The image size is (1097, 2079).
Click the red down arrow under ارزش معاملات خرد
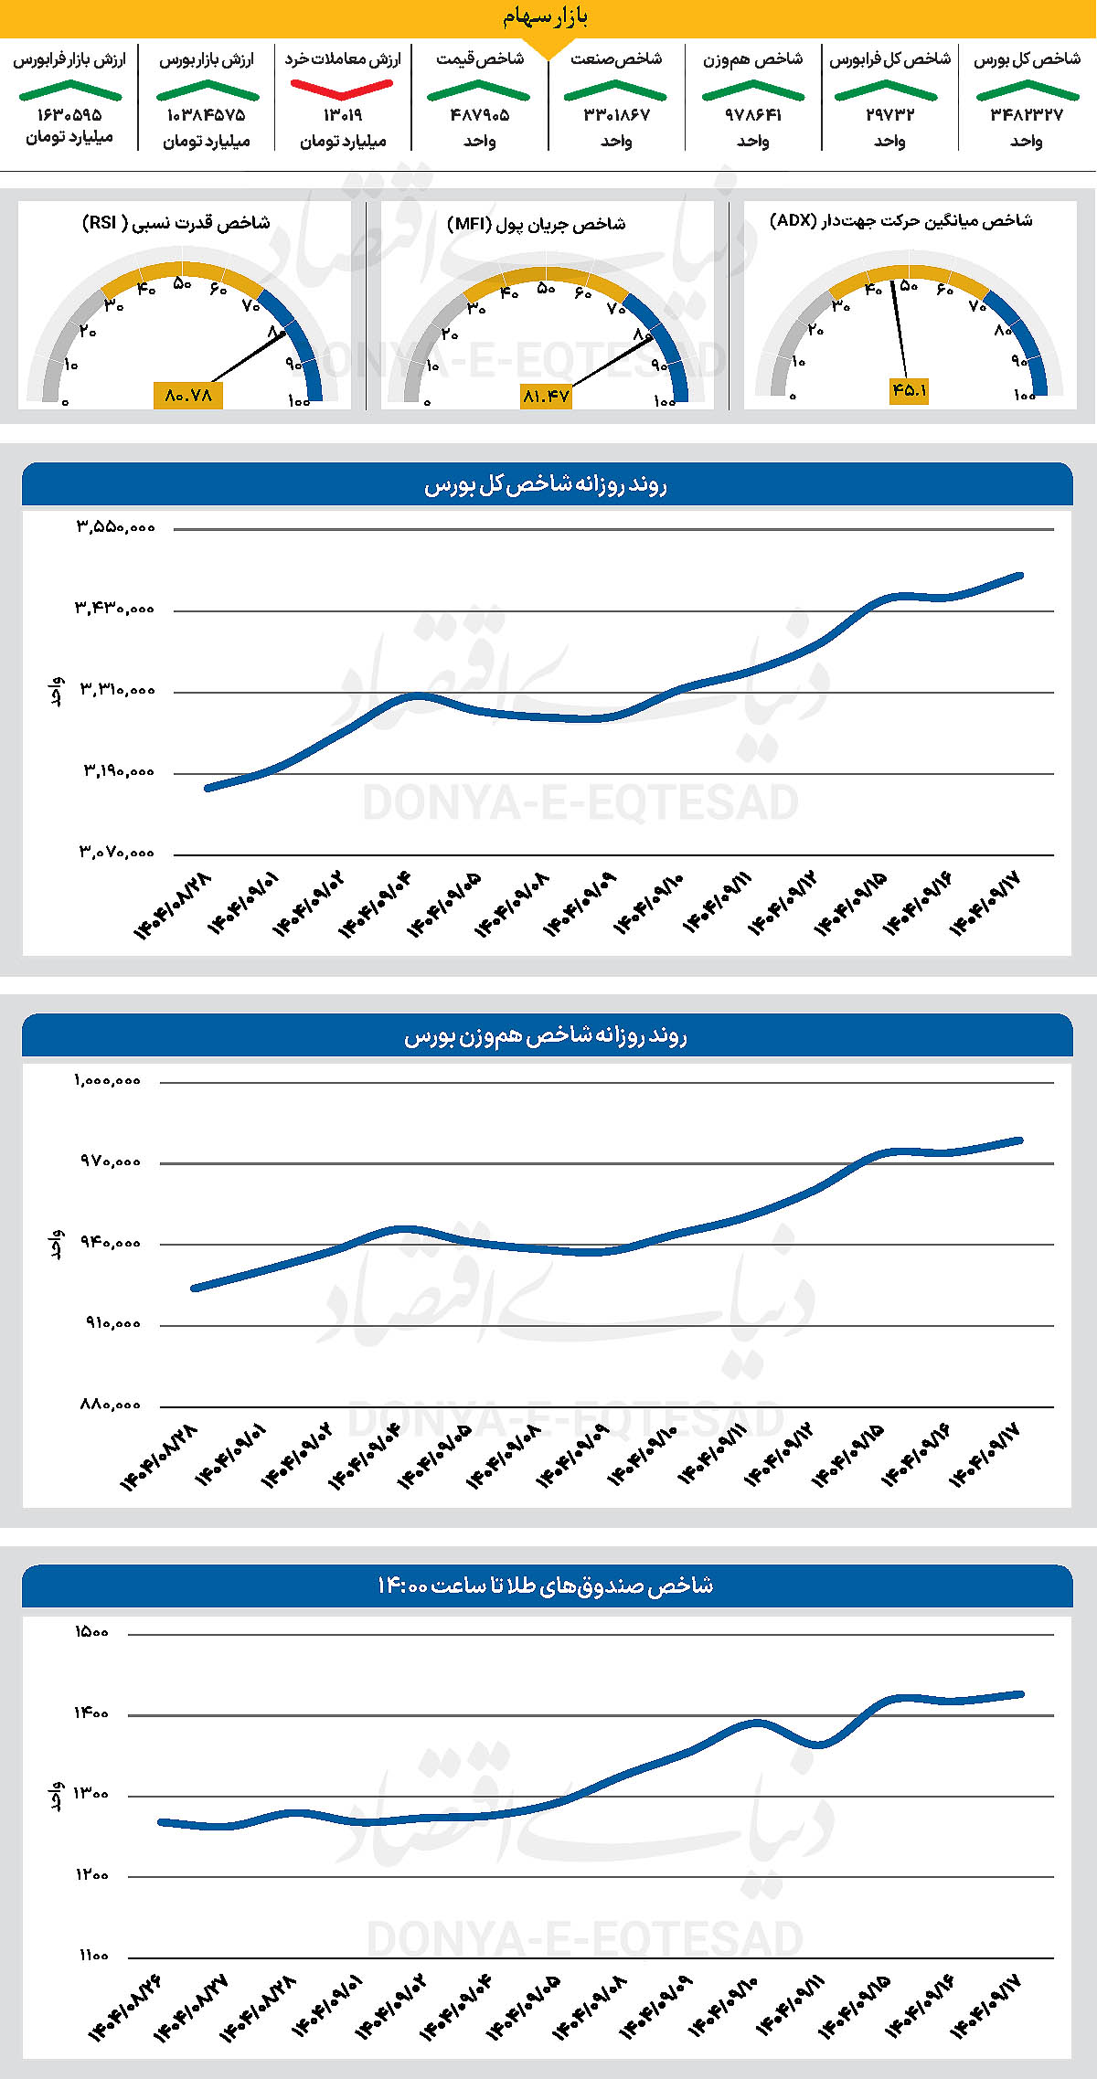(x=342, y=89)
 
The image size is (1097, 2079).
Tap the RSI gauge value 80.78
(x=188, y=396)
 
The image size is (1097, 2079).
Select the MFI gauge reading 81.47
(x=546, y=396)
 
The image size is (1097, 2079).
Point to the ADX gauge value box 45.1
(x=909, y=390)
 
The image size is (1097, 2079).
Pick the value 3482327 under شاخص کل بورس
(x=1026, y=115)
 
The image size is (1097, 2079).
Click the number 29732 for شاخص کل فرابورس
(x=889, y=115)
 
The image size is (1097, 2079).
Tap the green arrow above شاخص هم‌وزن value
(x=752, y=90)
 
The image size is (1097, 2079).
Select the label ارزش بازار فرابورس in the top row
(x=69, y=59)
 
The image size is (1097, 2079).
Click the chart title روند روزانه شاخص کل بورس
(x=546, y=485)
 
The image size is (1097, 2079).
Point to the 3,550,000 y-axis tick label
(x=115, y=527)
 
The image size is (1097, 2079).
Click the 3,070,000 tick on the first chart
(x=116, y=853)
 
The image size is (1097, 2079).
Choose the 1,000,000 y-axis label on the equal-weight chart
(x=108, y=1081)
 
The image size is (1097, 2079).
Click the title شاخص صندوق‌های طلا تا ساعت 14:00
(x=546, y=1586)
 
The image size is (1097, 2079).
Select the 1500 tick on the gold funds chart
(x=92, y=1632)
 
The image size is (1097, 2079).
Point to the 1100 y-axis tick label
(x=93, y=1956)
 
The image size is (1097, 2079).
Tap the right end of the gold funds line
(x=1020, y=1693)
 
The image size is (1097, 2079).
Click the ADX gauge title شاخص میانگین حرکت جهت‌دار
(x=901, y=221)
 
